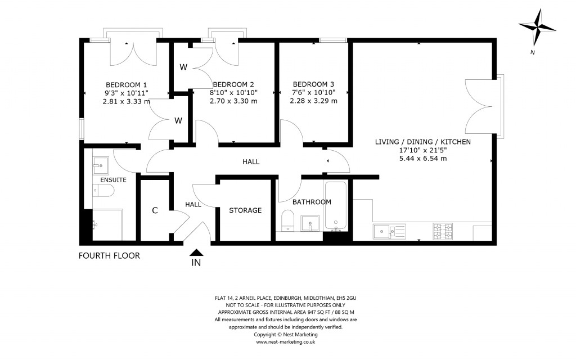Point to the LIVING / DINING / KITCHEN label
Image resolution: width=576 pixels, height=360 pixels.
pyautogui.click(x=423, y=142)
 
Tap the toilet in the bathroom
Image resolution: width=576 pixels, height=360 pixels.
pyautogui.click(x=287, y=220)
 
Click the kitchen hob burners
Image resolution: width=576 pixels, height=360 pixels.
pyautogui.click(x=443, y=231)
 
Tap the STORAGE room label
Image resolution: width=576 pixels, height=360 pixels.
pyautogui.click(x=245, y=210)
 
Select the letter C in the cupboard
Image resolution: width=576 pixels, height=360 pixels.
pyautogui.click(x=154, y=210)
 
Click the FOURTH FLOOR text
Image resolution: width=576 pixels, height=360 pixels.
pyautogui.click(x=109, y=256)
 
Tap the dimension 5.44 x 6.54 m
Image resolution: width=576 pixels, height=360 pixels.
pyautogui.click(x=423, y=159)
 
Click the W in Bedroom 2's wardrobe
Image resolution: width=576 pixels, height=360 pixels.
pyautogui.click(x=183, y=67)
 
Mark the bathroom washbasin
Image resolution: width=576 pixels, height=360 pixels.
pyautogui.click(x=310, y=223)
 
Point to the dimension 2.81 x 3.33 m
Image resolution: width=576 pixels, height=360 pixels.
pyautogui.click(x=126, y=101)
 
